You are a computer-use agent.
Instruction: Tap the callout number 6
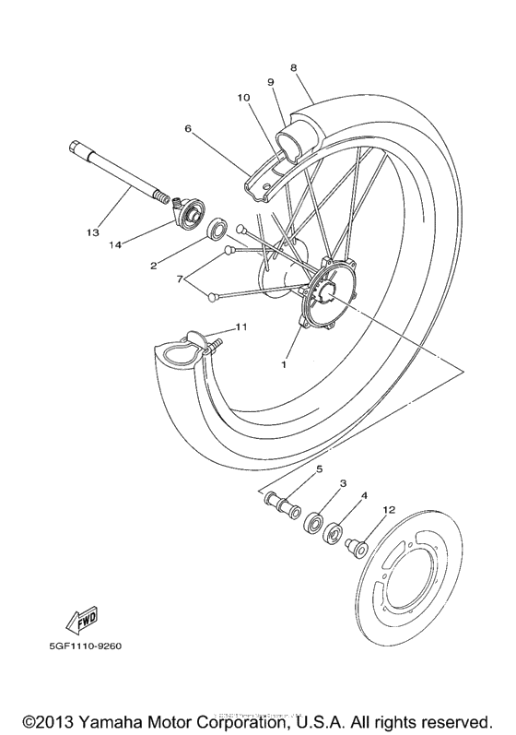coord(188,129)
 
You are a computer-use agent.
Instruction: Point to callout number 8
coord(292,67)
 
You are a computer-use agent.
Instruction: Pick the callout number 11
coord(241,326)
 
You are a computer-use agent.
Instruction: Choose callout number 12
coord(389,509)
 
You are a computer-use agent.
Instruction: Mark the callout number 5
coord(320,469)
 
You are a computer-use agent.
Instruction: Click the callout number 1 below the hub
coord(285,364)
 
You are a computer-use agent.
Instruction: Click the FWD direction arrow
coord(83,619)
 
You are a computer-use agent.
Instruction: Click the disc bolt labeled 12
coord(354,549)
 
